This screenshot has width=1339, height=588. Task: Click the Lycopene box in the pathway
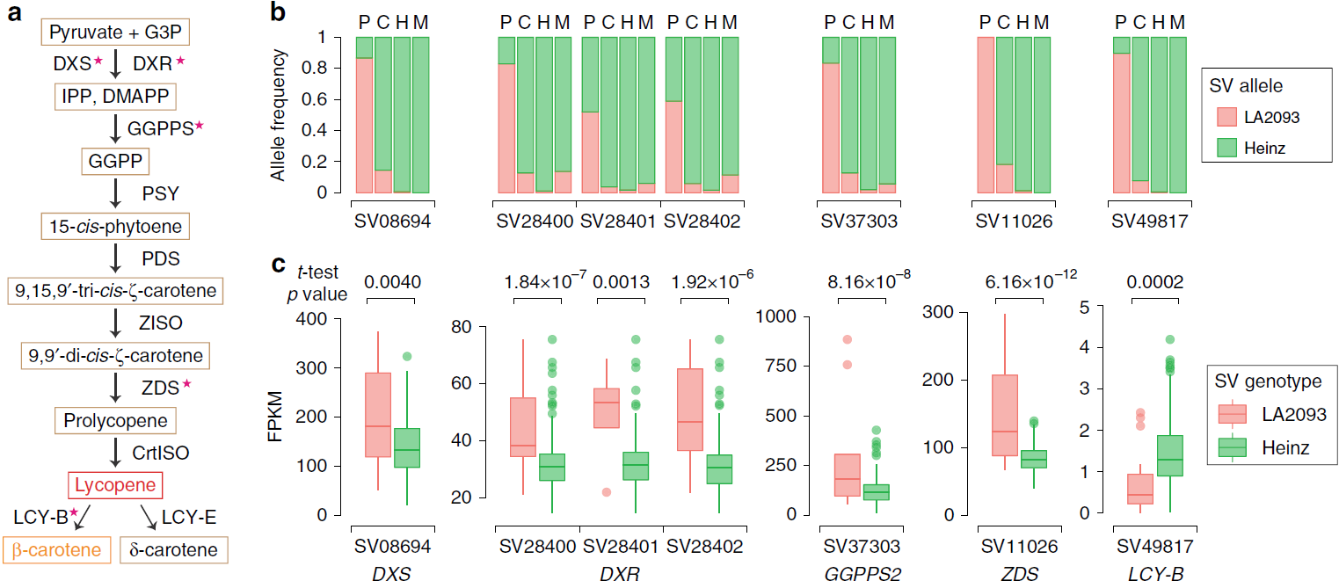(115, 484)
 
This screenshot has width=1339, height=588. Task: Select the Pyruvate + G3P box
(115, 33)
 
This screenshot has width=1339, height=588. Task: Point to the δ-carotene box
(173, 551)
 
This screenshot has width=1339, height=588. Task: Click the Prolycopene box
(115, 419)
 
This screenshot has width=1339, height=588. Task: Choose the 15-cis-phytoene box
(115, 227)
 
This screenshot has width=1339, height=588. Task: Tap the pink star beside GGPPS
(199, 126)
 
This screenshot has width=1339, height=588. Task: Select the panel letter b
(278, 12)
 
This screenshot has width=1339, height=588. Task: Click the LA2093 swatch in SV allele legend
(1227, 116)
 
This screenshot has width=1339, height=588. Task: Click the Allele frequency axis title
(279, 114)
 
